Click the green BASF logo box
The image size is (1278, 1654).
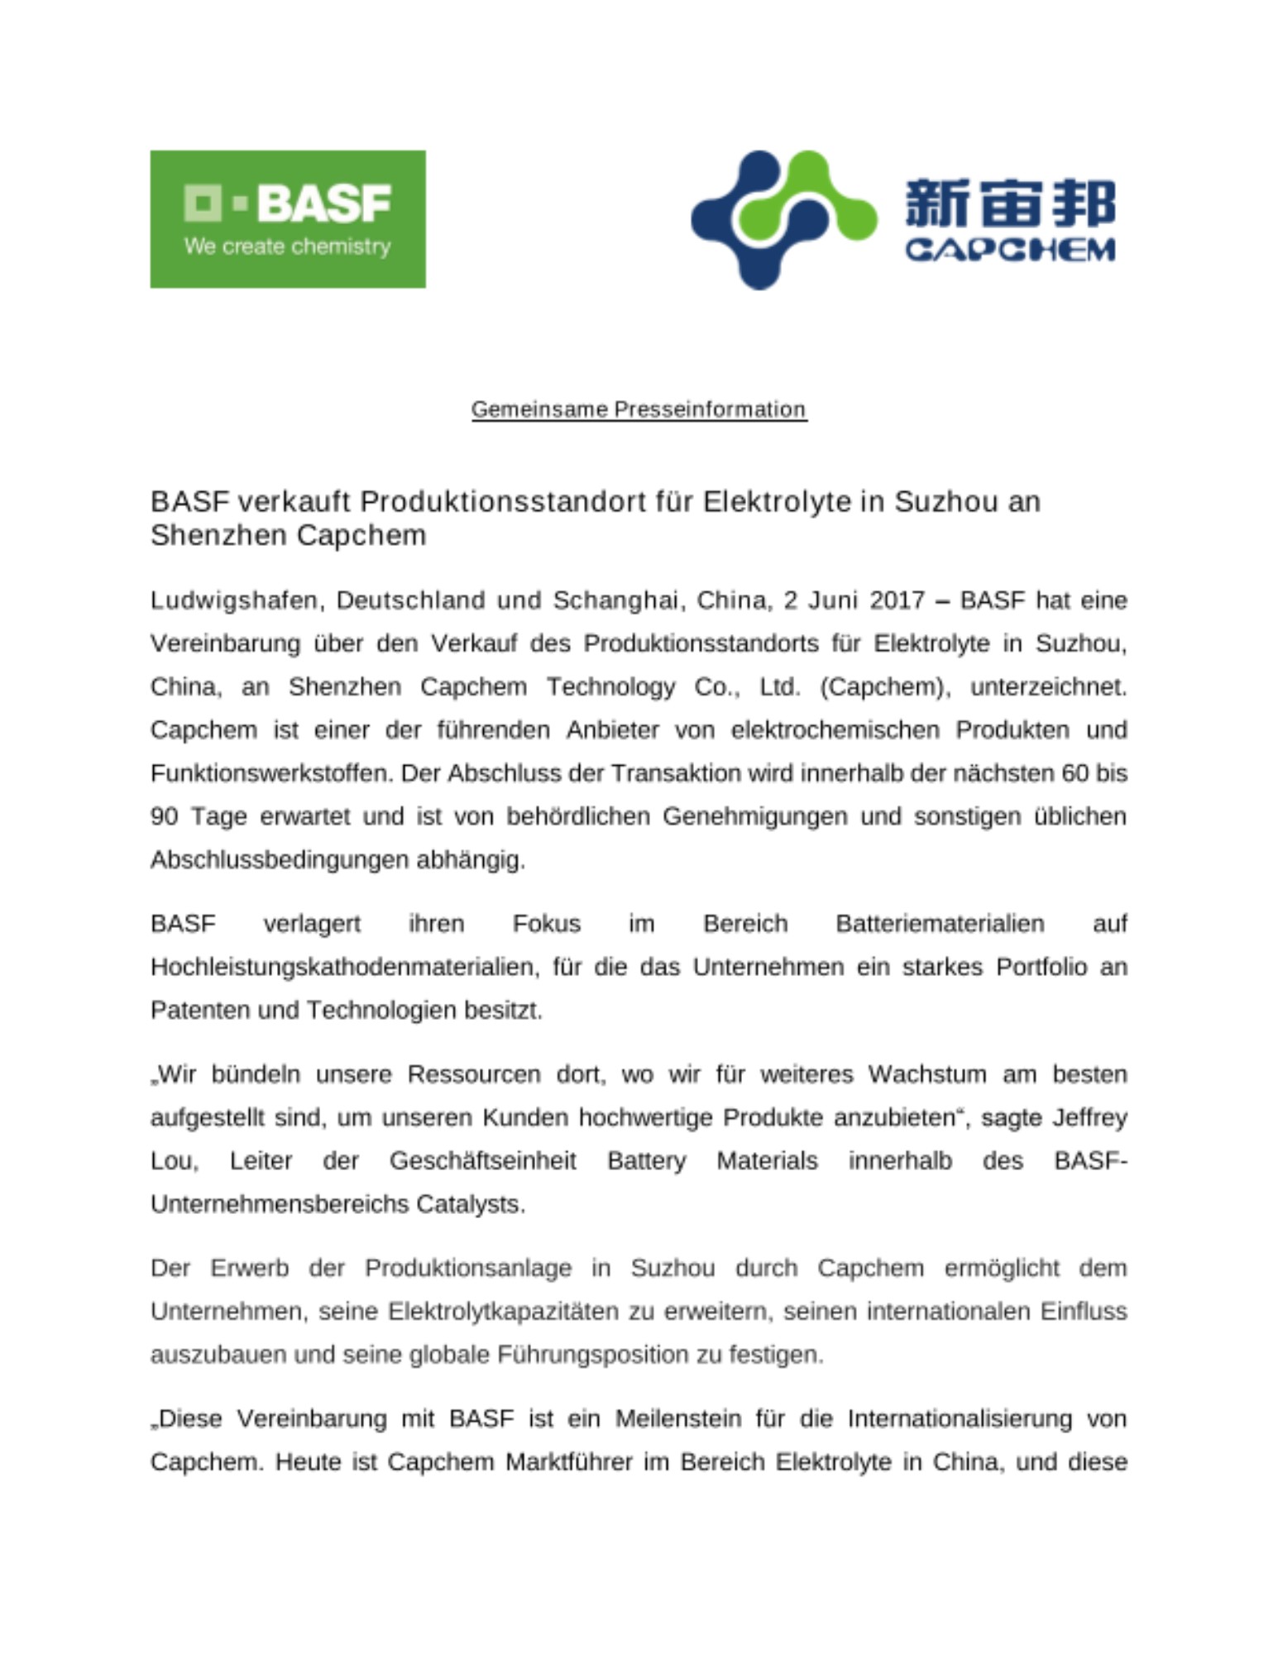[x=287, y=218]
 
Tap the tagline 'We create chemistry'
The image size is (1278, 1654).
[x=287, y=246]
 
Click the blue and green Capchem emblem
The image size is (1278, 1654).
[x=783, y=219]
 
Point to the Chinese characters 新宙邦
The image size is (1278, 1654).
[x=1010, y=203]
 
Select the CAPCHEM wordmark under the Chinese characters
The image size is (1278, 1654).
[x=1010, y=250]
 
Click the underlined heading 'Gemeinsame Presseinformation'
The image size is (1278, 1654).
[x=639, y=409]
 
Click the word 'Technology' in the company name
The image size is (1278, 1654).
[x=610, y=687]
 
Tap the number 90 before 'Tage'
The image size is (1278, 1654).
[x=164, y=817]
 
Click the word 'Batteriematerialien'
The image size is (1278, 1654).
[x=940, y=924]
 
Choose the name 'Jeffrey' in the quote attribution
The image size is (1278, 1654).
[x=1089, y=1118]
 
